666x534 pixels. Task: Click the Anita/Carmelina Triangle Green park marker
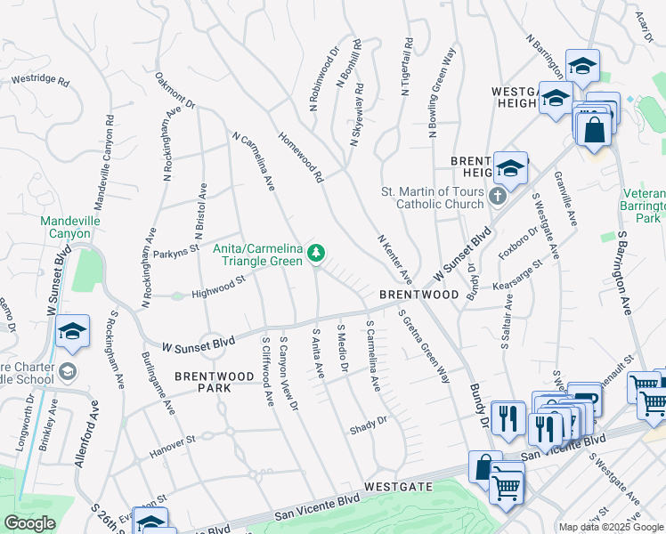click(315, 255)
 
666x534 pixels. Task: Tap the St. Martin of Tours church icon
click(498, 195)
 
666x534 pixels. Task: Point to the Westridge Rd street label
click(40, 80)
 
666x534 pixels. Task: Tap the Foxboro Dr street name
click(518, 245)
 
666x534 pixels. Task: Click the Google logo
click(29, 523)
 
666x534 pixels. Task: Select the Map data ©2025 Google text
click(610, 527)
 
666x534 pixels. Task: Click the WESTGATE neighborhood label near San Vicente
click(398, 488)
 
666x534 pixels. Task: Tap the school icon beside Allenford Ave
click(72, 333)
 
